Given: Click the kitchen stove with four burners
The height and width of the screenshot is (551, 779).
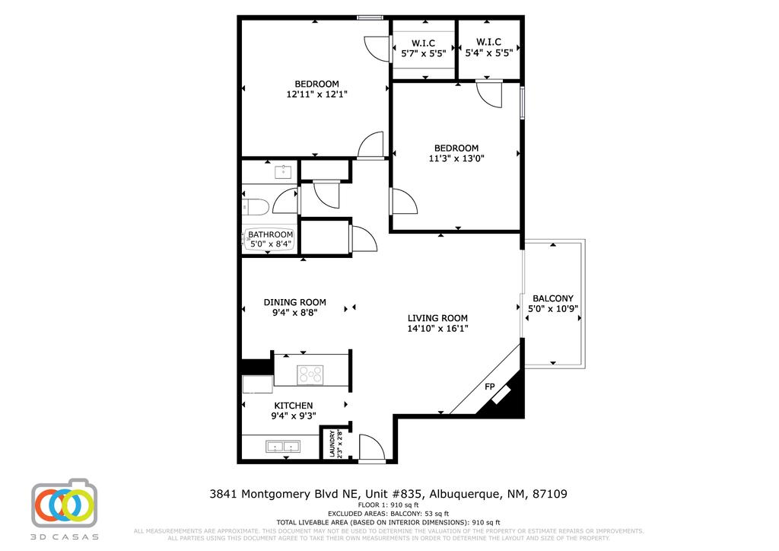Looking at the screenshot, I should click(x=310, y=374).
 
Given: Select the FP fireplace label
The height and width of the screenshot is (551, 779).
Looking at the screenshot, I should click(x=490, y=387).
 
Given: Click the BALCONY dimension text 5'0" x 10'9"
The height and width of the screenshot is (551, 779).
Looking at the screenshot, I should click(x=553, y=310).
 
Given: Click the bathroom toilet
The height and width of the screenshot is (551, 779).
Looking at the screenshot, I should click(x=254, y=206).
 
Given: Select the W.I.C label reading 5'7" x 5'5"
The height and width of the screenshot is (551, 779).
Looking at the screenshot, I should click(x=423, y=54).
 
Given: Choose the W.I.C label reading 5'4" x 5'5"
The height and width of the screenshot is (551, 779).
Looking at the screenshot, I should click(x=488, y=54).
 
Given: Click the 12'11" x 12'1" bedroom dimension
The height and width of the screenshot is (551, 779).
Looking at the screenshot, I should click(x=317, y=95).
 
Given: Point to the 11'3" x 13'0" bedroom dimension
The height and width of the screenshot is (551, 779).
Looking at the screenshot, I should click(x=456, y=159).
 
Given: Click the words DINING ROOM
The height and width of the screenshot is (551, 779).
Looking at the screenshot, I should click(x=295, y=301).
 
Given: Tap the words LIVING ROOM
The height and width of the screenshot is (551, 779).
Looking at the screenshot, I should click(x=437, y=318).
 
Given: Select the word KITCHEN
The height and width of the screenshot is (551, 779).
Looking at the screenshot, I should click(x=294, y=405).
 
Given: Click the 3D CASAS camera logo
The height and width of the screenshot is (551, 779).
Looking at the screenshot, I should click(x=65, y=504).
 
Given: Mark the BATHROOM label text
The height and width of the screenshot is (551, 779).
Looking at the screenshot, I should click(x=270, y=234).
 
